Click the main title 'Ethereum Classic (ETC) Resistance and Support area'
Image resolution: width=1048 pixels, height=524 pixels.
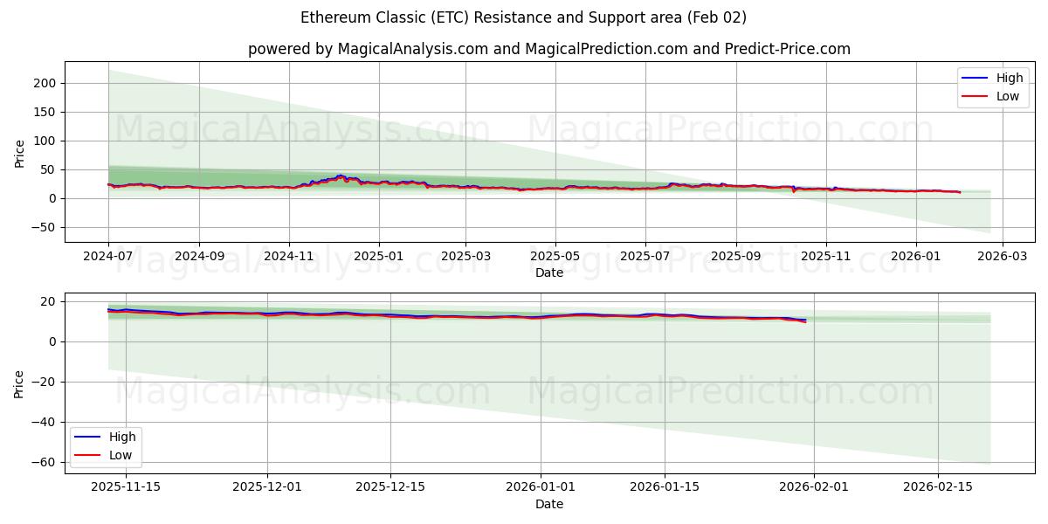pos(523,17)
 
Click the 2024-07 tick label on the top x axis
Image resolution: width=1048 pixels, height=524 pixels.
pos(108,257)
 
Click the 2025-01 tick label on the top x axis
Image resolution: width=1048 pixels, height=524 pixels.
pos(379,257)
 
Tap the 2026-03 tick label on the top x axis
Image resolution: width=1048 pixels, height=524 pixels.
pos(1002,257)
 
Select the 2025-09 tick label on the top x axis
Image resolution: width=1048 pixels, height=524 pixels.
pos(735,257)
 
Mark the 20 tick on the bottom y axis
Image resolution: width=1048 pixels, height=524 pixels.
pos(49,301)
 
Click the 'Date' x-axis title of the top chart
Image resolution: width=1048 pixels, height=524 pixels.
pos(548,272)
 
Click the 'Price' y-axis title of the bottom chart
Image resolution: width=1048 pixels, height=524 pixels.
pos(20,383)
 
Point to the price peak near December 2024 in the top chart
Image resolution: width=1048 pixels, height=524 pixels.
pos(340,176)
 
